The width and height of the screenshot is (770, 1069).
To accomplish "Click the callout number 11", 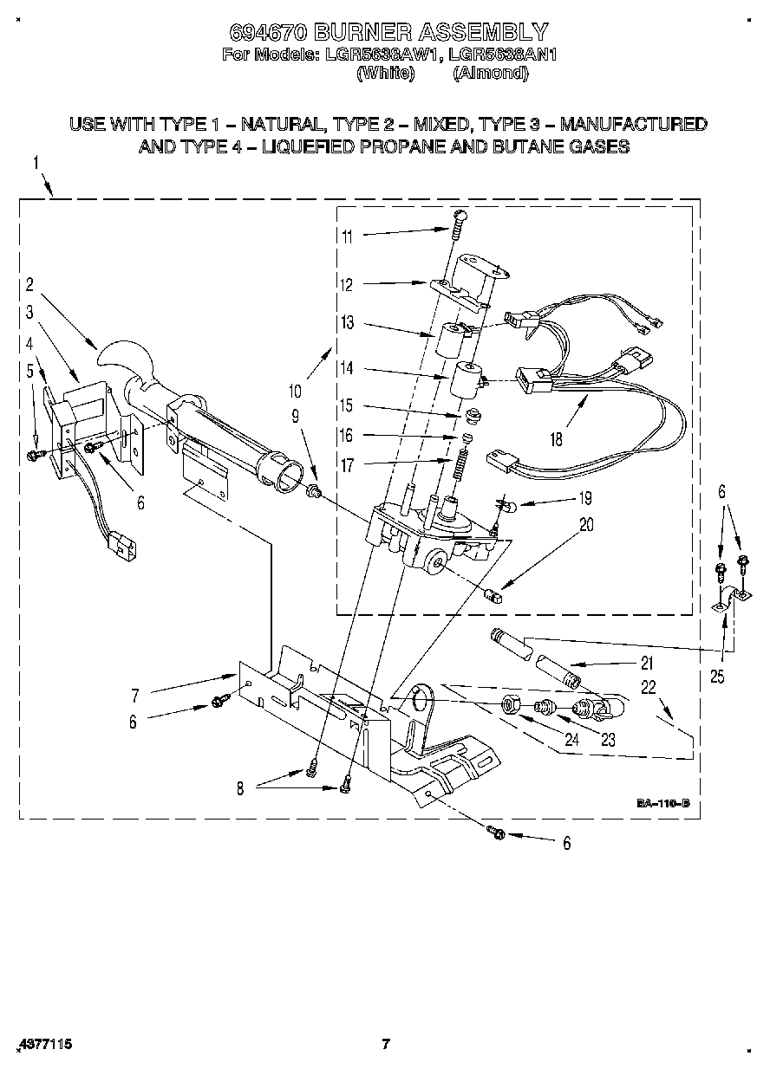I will tap(347, 236).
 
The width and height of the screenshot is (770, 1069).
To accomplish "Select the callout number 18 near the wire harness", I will tap(556, 439).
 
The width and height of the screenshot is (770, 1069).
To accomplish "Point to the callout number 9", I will tap(296, 415).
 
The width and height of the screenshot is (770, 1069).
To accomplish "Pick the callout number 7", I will tap(134, 696).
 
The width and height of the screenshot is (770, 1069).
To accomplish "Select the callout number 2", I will tap(29, 283).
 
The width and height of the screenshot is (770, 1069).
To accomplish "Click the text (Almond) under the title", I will tap(490, 74).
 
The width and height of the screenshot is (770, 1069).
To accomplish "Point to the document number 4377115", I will tap(43, 1045).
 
